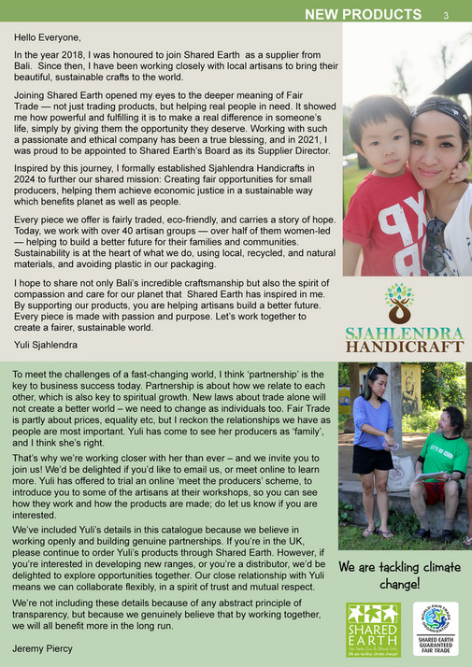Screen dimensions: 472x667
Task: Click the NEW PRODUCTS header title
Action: point(363,14)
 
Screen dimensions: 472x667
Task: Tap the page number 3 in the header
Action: point(446,15)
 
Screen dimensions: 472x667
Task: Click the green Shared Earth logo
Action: point(373,631)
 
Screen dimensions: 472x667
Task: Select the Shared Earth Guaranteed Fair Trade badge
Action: point(438,631)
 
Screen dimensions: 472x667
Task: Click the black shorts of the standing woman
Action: point(373,459)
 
